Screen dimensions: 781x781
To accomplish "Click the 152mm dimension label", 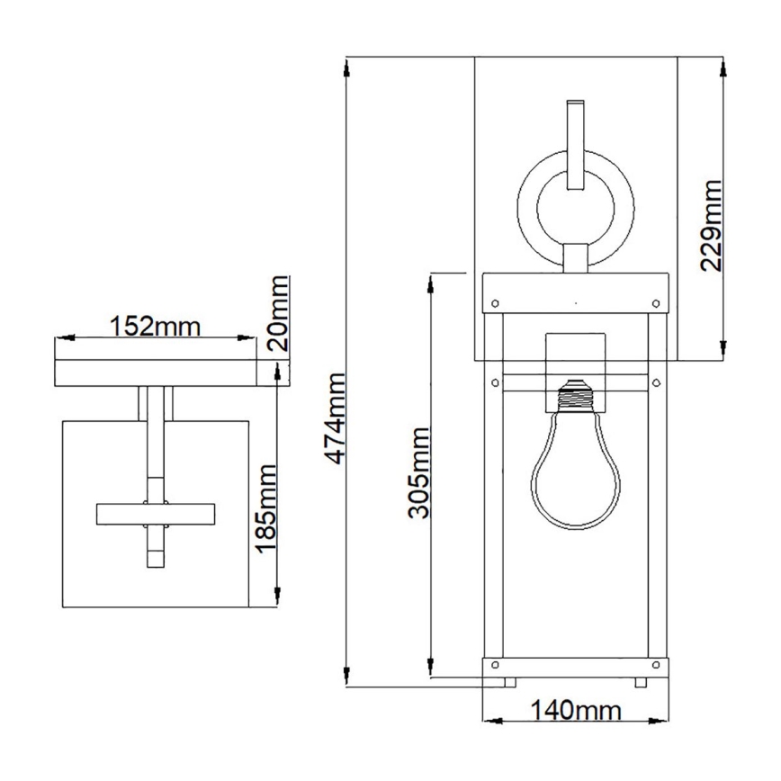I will pyautogui.click(x=154, y=324).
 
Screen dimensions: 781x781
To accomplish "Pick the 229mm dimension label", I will pyautogui.click(x=711, y=225).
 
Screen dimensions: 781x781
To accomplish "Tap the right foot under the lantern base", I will pyautogui.click(x=641, y=681).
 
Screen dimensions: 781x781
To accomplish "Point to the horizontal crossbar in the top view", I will pyautogui.click(x=155, y=514).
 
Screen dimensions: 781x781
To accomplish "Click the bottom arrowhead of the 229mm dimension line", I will pyautogui.click(x=724, y=352).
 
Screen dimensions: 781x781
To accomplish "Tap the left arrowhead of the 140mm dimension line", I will pyautogui.click(x=489, y=719).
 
